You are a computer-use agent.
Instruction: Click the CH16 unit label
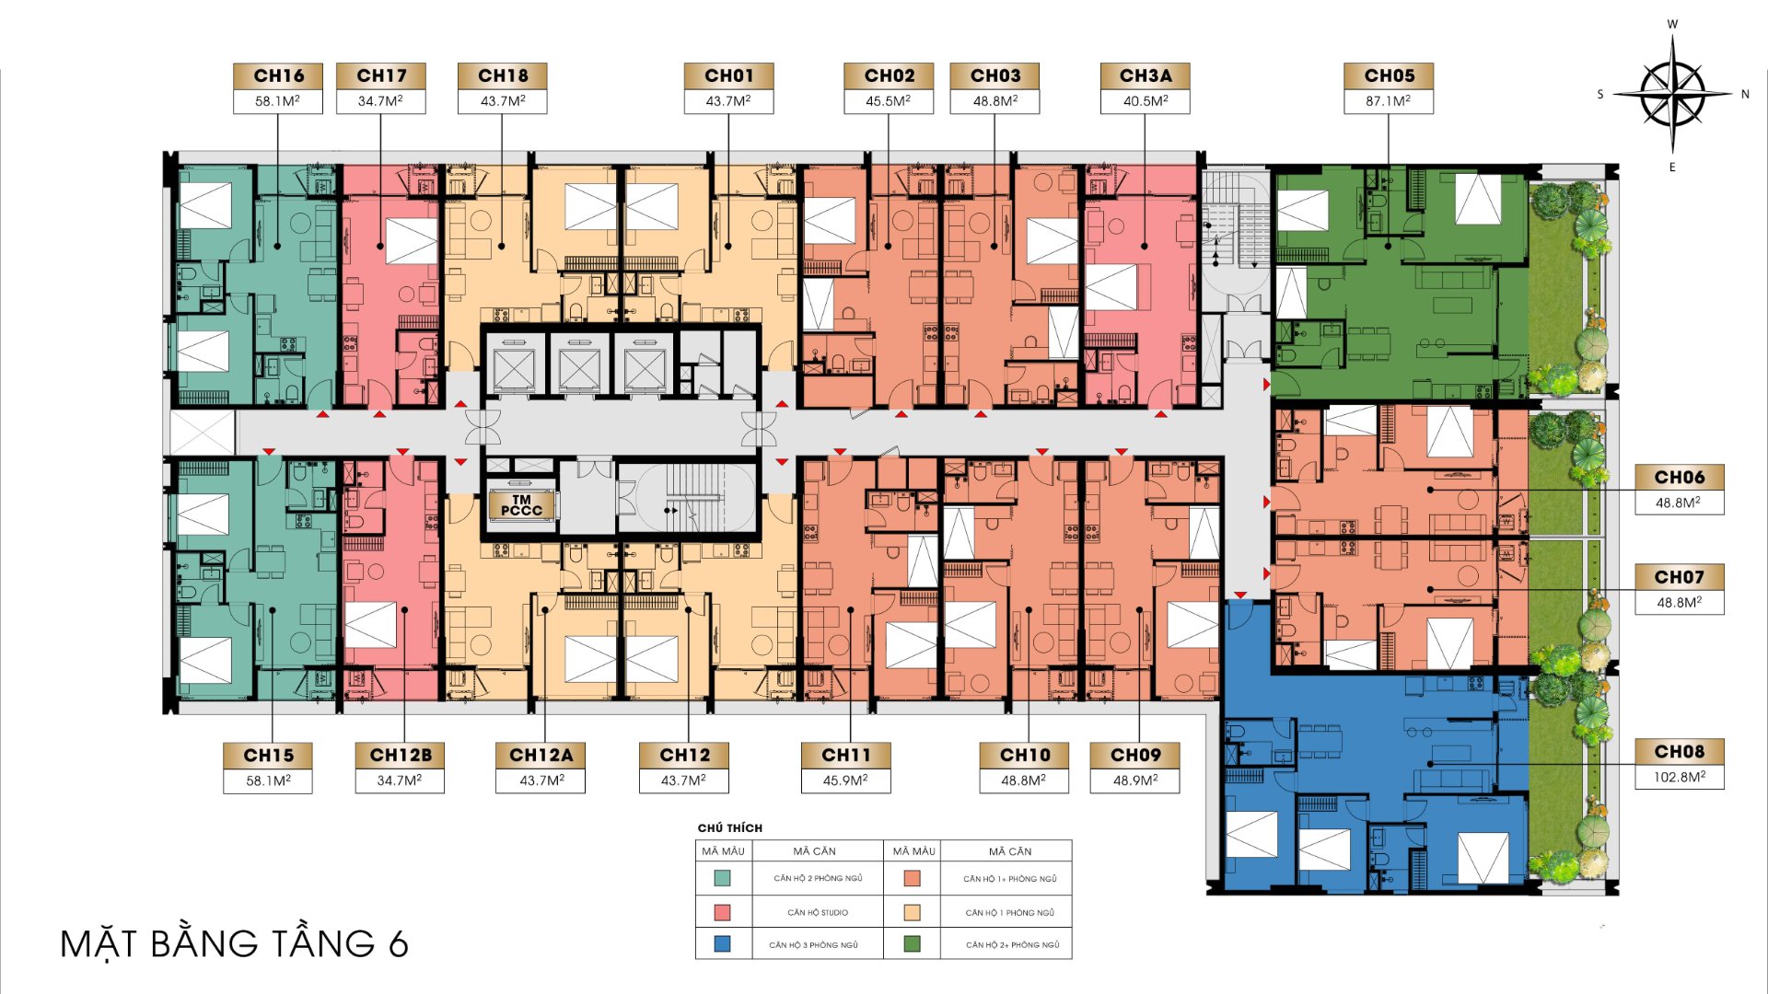278,75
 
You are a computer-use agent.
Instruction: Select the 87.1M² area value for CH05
1388,100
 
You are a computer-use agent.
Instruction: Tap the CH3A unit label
1146,75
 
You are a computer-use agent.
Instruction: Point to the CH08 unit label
1680,752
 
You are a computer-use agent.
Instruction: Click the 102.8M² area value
1680,777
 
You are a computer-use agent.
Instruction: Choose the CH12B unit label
401,755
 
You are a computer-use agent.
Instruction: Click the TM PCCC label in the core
521,505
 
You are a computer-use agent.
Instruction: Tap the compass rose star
1672,94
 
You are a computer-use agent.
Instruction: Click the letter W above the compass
1672,24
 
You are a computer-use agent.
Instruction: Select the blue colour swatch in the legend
723,943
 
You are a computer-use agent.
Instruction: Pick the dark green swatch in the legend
912,943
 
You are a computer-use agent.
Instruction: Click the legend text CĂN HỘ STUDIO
818,912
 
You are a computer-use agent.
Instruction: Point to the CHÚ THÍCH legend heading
730,827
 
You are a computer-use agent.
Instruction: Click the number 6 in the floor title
398,944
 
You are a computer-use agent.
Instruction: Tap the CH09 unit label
1135,755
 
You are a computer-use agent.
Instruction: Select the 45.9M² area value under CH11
845,780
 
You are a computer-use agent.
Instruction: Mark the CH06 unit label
1680,477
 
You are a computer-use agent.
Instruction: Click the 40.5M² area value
1146,100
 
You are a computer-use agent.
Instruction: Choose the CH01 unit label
728,75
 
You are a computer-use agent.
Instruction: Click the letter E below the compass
1672,167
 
